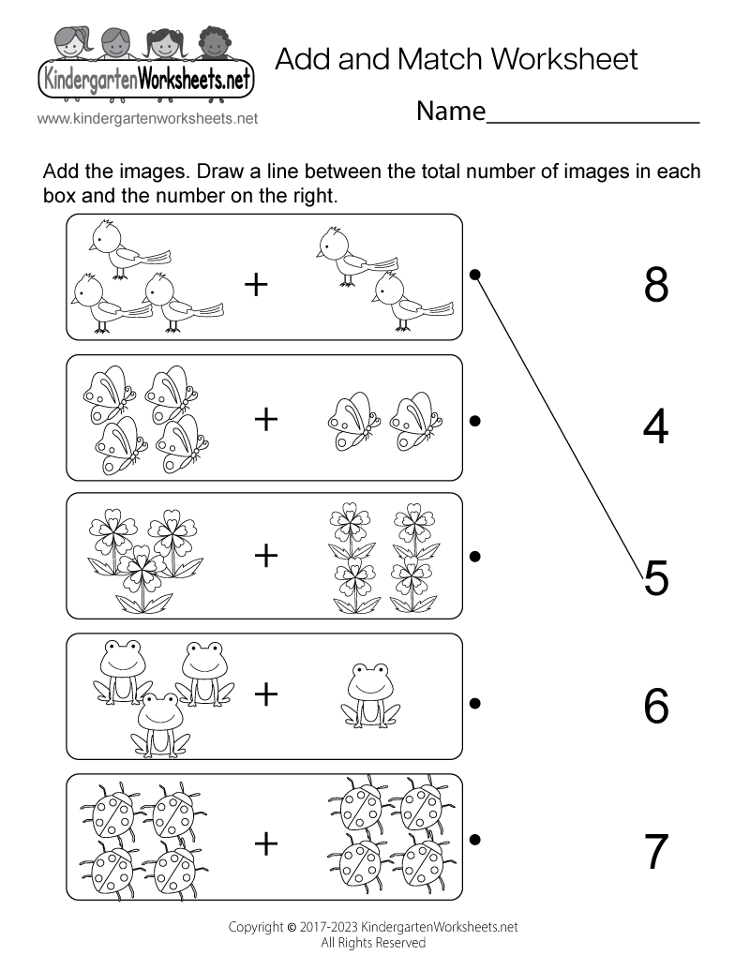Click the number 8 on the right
[x=656, y=284]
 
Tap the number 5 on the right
[x=656, y=577]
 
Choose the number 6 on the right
[x=656, y=707]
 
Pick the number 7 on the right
[x=656, y=851]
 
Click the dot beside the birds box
[x=475, y=275]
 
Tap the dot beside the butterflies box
[x=475, y=421]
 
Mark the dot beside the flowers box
[x=475, y=556]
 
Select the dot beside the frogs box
[x=475, y=702]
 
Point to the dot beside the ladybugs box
[x=475, y=839]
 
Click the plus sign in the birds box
[x=256, y=284]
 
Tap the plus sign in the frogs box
[x=267, y=694]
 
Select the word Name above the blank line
[x=451, y=112]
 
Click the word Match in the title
[x=440, y=59]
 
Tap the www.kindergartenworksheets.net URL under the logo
[x=148, y=119]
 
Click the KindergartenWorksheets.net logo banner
[x=145, y=81]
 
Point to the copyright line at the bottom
[x=373, y=927]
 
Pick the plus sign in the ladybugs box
[x=267, y=843]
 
